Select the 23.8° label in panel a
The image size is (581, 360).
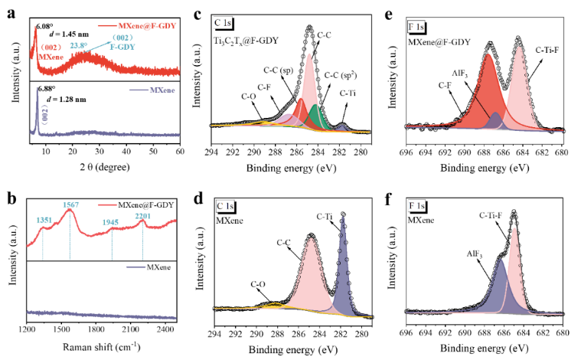click(x=79, y=45)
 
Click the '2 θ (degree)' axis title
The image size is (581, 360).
click(x=103, y=167)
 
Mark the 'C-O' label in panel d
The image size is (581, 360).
click(x=259, y=285)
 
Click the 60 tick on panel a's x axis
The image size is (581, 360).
click(x=180, y=153)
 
